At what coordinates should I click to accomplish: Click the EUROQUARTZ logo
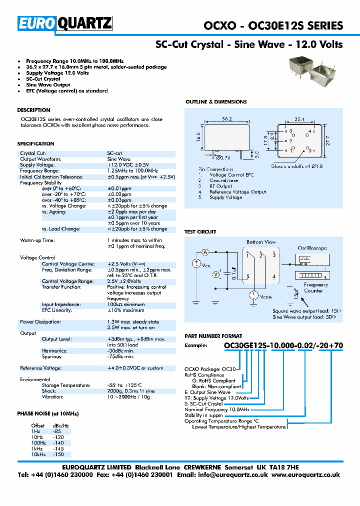pyautogui.click(x=65, y=23)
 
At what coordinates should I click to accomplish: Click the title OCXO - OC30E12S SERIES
pyautogui.click(x=273, y=25)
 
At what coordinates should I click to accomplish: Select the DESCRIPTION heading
pyautogui.click(x=33, y=110)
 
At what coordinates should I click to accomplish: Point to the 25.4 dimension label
pyautogui.click(x=299, y=119)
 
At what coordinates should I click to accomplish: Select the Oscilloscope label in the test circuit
pyautogui.click(x=312, y=247)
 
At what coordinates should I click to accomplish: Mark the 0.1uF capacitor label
pyautogui.click(x=234, y=273)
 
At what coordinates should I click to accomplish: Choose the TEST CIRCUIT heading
pyautogui.click(x=200, y=232)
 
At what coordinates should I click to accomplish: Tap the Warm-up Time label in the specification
pyautogui.click(x=37, y=240)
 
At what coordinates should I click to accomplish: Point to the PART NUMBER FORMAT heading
pyautogui.click(x=213, y=336)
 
